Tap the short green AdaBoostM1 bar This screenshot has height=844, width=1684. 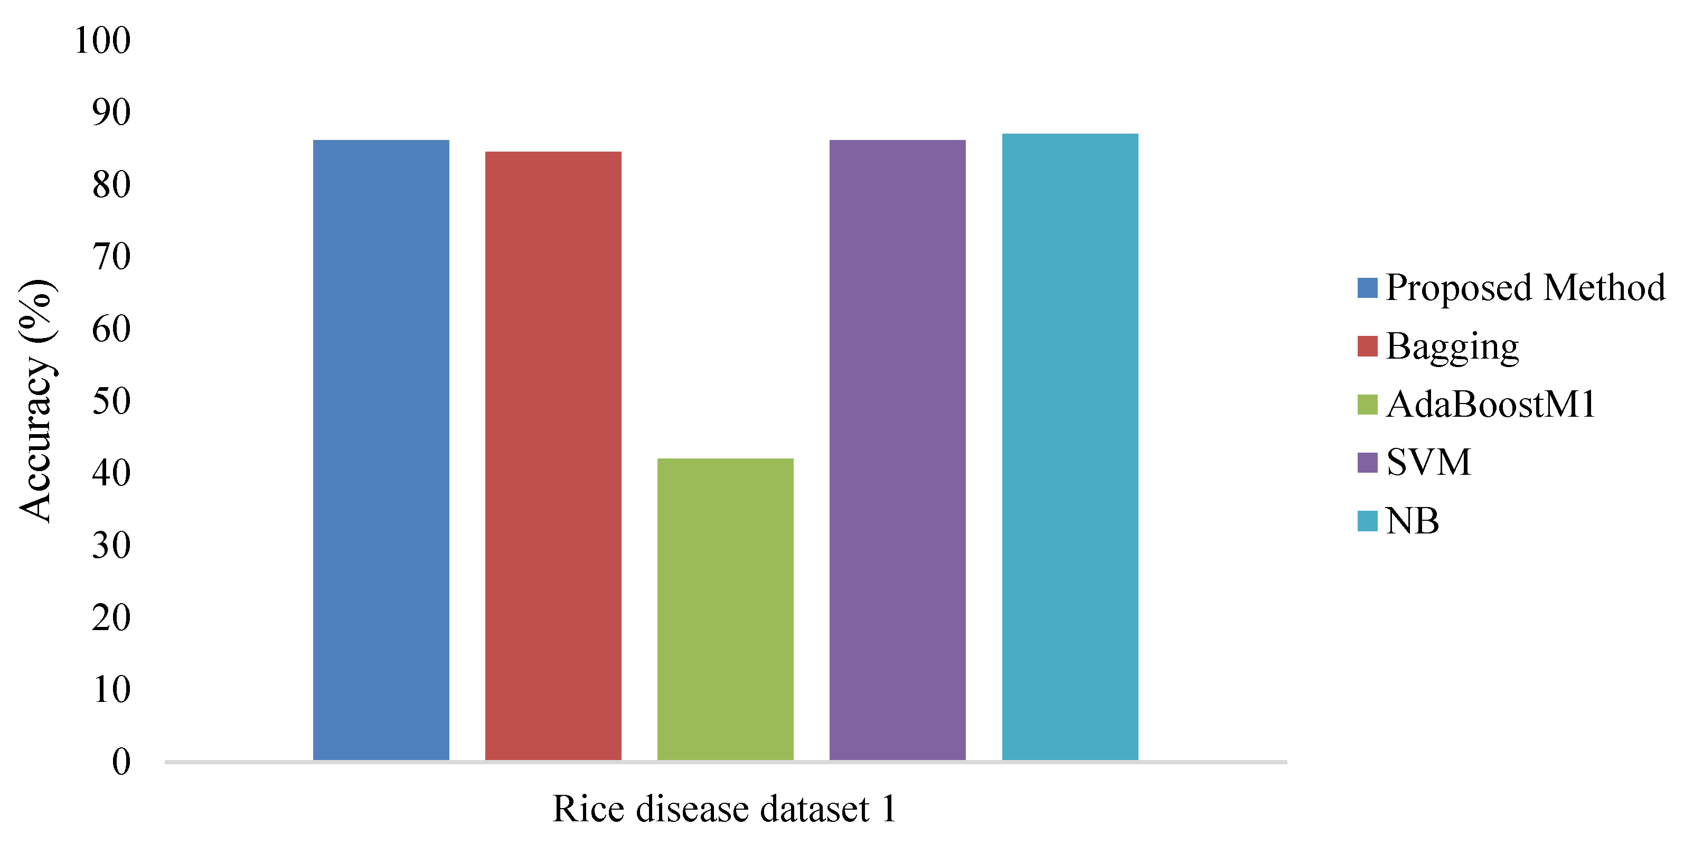pyautogui.click(x=725, y=608)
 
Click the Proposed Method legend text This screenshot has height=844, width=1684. pyautogui.click(x=1525, y=288)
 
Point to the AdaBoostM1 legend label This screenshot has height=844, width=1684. pyautogui.click(x=1491, y=404)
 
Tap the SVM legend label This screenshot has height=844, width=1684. pyautogui.click(x=1428, y=462)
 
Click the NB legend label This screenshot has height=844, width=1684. pyautogui.click(x=1412, y=521)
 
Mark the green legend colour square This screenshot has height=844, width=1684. pyautogui.click(x=1367, y=404)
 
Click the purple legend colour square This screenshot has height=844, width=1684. pyautogui.click(x=1367, y=462)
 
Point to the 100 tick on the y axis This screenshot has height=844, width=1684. pyautogui.click(x=102, y=41)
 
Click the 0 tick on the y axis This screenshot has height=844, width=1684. pyautogui.click(x=121, y=762)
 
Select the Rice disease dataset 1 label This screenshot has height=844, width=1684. pyautogui.click(x=725, y=809)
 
